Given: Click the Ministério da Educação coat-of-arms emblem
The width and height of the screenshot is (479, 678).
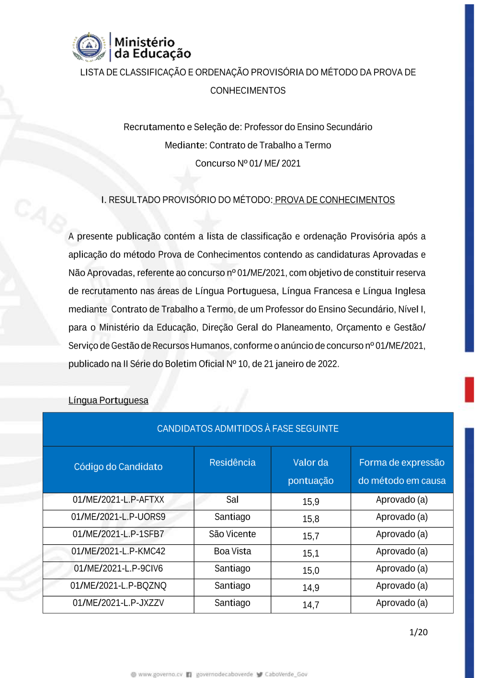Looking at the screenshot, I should tap(89, 47).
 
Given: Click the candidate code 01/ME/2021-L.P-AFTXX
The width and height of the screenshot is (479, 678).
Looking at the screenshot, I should tap(118, 500).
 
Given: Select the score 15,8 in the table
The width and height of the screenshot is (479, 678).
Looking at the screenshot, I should tap(310, 519).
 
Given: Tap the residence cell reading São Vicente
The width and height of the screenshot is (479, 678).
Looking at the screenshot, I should tap(232, 534).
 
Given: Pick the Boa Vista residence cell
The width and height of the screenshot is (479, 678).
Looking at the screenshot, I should tap(232, 551).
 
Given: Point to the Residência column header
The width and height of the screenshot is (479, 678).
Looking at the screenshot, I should tap(232, 463).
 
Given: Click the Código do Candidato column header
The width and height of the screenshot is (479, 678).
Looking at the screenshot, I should tap(118, 467).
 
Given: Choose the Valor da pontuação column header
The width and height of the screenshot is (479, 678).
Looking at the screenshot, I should tap(310, 471).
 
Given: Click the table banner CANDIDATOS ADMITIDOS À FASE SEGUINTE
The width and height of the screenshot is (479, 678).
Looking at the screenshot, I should tap(248, 429).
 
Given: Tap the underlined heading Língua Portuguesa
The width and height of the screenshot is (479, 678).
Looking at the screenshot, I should tap(108, 400).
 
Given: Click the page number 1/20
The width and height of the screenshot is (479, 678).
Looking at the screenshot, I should tap(418, 632).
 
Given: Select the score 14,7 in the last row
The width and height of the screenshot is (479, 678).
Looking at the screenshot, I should tap(310, 605).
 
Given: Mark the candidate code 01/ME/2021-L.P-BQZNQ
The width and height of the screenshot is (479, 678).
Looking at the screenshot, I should tap(118, 586).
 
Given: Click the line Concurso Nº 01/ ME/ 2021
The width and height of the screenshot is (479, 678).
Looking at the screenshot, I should tap(248, 164).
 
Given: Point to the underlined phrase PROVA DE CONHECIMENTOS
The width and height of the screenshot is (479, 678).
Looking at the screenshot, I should tap(334, 200).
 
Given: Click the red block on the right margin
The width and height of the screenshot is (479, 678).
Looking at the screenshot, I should tap(469, 389).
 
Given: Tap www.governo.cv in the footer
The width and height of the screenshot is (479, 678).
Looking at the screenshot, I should tap(160, 674).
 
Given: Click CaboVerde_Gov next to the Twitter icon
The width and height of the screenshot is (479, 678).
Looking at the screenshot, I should tap(286, 674).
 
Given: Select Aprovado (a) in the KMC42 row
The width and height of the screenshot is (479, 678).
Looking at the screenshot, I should tap(401, 551).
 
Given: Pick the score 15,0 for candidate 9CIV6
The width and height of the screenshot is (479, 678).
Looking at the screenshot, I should tap(310, 571).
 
